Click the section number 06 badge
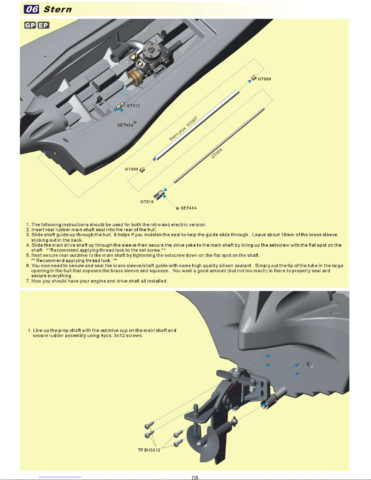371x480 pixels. [31, 9]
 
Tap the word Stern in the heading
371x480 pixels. [58, 9]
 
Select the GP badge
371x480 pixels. [30, 25]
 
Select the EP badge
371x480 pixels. [43, 25]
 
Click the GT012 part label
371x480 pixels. [133, 106]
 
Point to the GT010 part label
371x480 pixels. [147, 202]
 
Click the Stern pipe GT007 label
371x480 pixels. [183, 128]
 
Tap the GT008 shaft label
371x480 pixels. [217, 153]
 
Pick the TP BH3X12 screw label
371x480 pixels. [149, 450]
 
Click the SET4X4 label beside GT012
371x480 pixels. [125, 125]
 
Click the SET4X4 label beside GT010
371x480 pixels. [188, 208]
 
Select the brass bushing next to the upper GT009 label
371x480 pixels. [254, 78]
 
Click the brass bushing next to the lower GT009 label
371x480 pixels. [142, 170]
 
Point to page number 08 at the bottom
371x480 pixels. [195, 478]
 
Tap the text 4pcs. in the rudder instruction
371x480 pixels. [106, 336]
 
